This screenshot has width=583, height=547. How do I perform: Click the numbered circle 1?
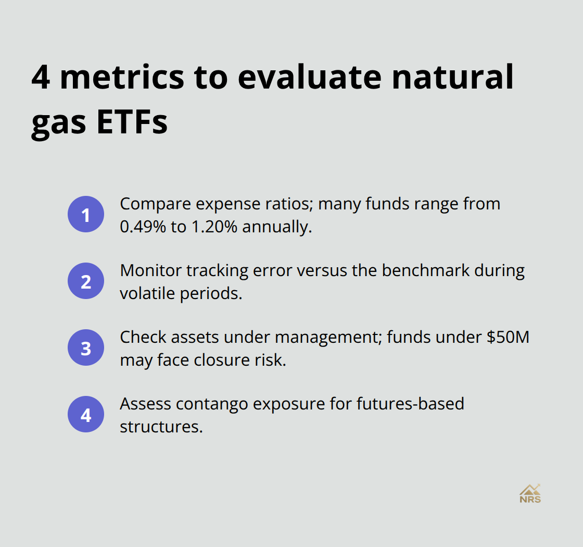[x=86, y=214]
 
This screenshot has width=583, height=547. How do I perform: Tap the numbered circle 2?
[x=86, y=281]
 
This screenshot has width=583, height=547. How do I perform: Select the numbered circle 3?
[x=86, y=347]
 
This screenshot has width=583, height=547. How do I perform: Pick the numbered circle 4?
[x=86, y=415]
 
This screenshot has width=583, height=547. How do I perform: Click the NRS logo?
[x=530, y=493]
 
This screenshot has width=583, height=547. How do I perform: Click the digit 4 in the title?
[x=41, y=78]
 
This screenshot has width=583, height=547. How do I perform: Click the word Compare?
[x=157, y=204]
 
